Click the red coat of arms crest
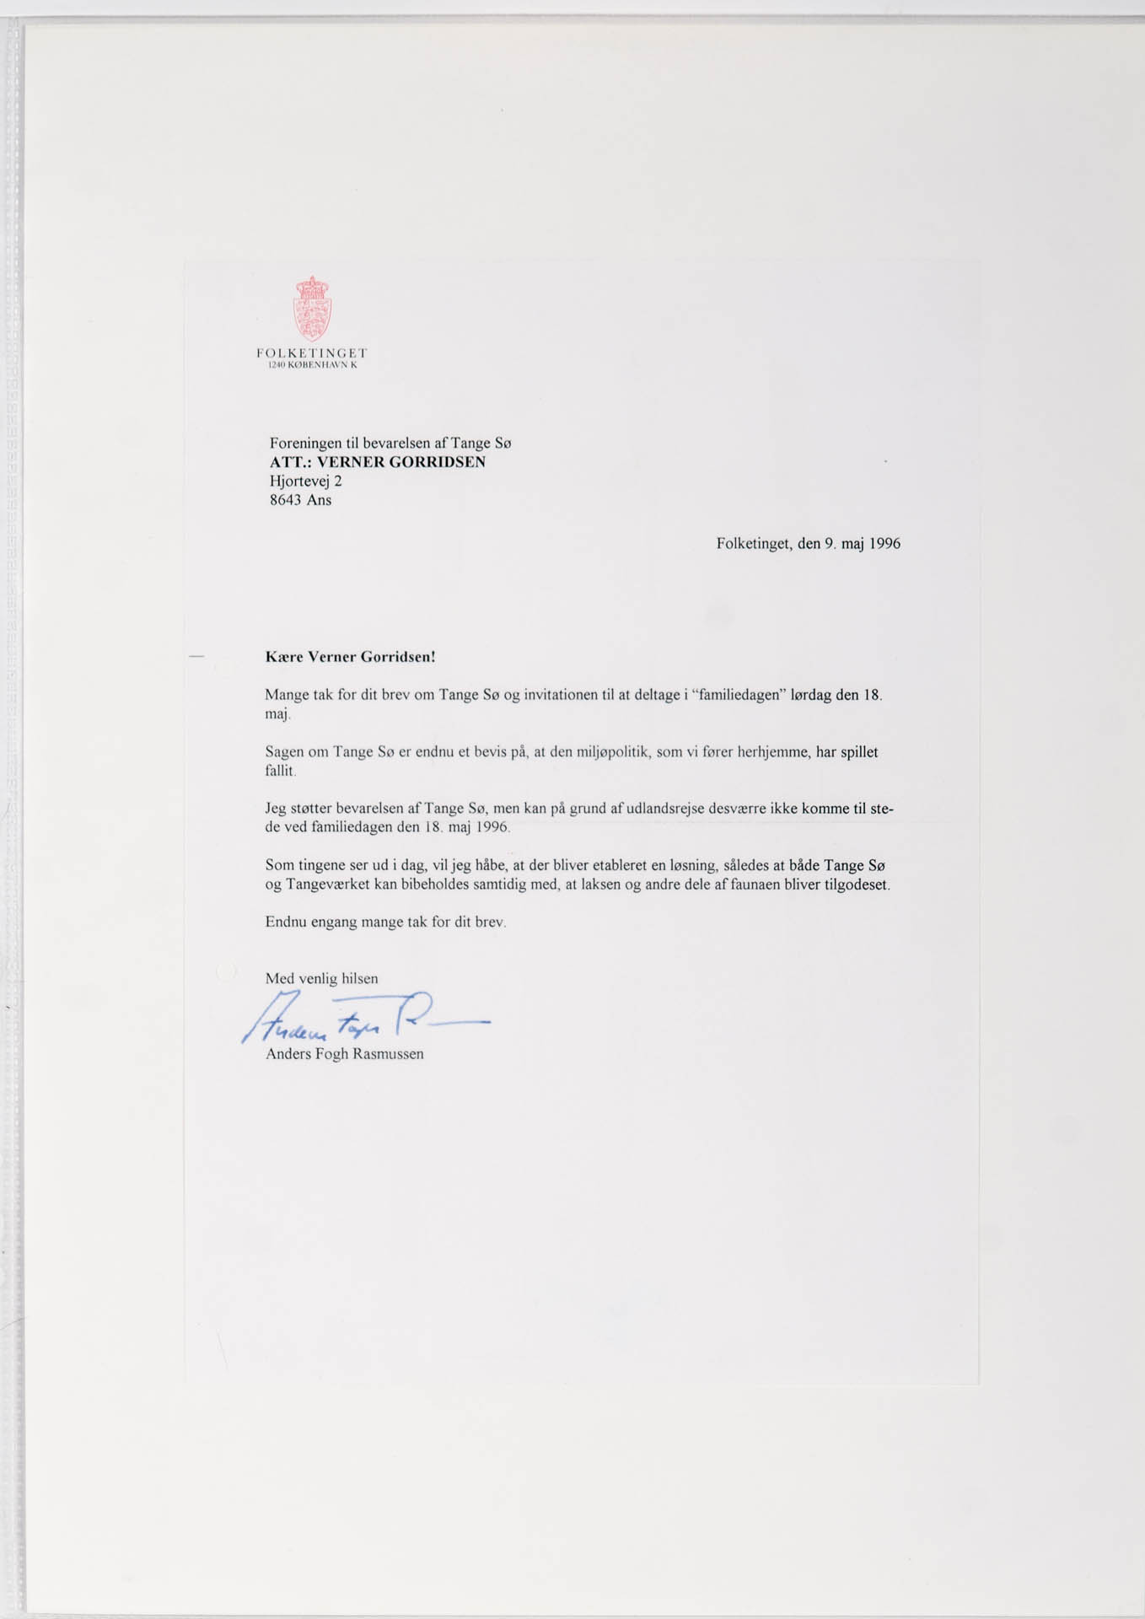312,309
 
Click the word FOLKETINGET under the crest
312,352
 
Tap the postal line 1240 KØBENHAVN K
312,365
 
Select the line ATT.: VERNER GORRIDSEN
377,462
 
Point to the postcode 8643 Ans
300,500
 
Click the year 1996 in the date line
884,544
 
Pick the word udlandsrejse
664,809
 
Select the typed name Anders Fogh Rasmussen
344,1054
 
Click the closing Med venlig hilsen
321,979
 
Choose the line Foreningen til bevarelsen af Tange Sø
390,443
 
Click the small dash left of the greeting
197,655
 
